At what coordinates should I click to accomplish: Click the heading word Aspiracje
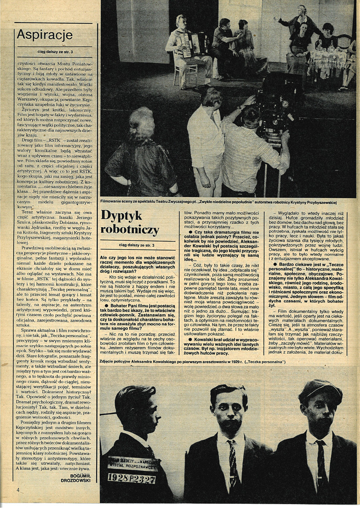44,35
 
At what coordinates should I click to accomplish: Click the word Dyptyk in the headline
121,216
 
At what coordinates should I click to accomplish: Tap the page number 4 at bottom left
18,490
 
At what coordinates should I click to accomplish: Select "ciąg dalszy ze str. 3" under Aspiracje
53,52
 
